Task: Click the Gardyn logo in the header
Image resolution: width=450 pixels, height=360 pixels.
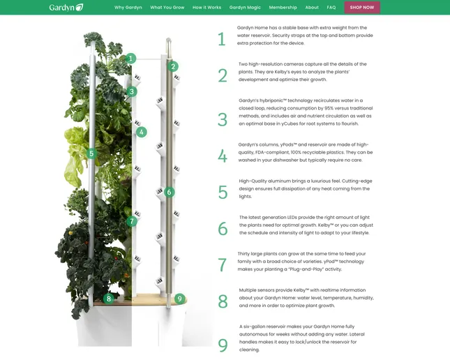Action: point(66,8)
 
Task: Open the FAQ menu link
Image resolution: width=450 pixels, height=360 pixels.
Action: point(331,8)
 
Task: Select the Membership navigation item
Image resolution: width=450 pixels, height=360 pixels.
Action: point(283,8)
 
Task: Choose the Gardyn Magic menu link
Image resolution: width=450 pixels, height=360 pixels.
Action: point(245,8)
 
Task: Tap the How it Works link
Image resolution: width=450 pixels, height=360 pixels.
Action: point(207,8)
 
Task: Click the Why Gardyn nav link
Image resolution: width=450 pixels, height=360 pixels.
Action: point(128,8)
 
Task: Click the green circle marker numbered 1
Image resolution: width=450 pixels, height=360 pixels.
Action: point(131,59)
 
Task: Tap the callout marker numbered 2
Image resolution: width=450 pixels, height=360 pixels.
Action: point(173,66)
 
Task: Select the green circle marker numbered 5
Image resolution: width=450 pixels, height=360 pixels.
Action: point(91,153)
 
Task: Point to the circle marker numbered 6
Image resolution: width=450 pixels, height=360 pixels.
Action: point(169,192)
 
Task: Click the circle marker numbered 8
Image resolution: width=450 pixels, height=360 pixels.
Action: point(108,299)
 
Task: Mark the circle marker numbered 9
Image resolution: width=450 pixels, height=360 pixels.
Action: point(180,299)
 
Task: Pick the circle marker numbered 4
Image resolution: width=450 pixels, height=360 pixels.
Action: point(141,133)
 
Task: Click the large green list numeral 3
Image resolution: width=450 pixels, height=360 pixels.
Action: point(223,119)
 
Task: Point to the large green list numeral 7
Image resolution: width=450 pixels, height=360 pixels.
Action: point(223,265)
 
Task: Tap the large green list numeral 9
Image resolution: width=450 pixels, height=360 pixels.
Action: point(223,345)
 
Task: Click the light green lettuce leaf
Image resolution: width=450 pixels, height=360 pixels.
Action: point(75,156)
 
